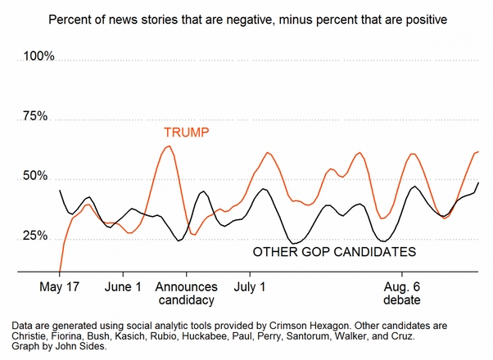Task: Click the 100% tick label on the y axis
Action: click(38, 56)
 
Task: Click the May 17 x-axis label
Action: click(60, 287)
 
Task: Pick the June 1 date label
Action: click(124, 287)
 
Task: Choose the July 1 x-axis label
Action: click(250, 287)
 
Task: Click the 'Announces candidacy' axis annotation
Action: click(187, 294)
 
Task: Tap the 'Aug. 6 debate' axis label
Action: click(404, 294)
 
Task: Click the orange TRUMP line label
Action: click(187, 132)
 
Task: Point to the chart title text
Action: click(246, 18)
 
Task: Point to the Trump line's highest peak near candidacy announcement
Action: click(168, 146)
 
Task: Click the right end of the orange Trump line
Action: click(478, 151)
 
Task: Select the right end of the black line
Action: click(478, 182)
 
